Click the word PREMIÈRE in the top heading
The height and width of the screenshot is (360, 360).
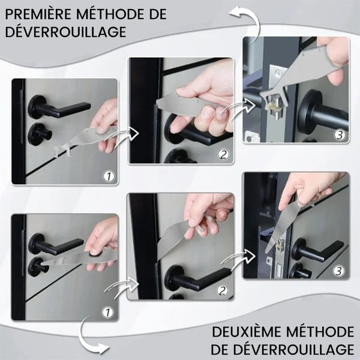click(38, 14)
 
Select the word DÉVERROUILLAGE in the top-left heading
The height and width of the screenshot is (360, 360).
click(65, 31)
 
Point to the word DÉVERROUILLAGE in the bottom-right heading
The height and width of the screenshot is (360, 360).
click(295, 349)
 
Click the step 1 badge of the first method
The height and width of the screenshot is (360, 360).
click(109, 176)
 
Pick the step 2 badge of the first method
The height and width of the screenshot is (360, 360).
click(223, 155)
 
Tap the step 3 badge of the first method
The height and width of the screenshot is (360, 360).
click(340, 135)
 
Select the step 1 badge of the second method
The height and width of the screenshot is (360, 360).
click(107, 312)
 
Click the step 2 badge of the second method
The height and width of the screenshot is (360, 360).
click(222, 290)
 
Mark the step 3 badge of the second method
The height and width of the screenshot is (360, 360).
click(339, 271)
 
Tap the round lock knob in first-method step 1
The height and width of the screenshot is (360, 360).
click(38, 134)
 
